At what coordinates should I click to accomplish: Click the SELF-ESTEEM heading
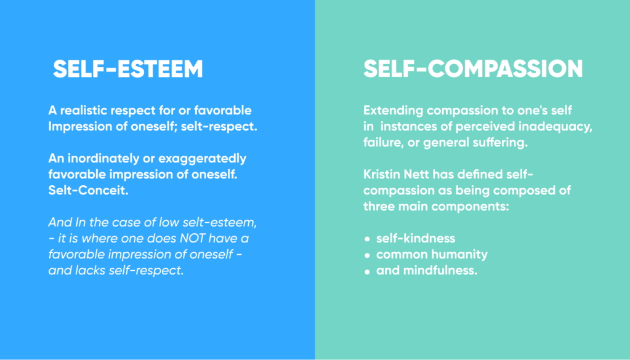click(128, 69)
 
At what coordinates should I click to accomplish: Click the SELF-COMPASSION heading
click(473, 69)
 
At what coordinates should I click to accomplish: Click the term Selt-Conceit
click(89, 190)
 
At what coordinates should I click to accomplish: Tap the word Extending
click(394, 111)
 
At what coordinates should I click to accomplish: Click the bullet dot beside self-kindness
click(367, 239)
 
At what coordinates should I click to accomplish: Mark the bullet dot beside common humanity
click(367, 255)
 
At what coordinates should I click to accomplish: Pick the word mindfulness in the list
click(440, 271)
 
